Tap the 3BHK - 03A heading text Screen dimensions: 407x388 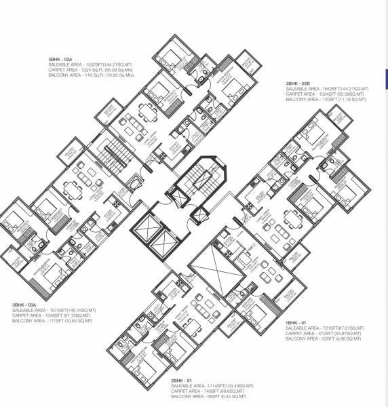click(26, 305)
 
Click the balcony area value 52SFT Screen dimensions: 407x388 click(328, 338)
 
